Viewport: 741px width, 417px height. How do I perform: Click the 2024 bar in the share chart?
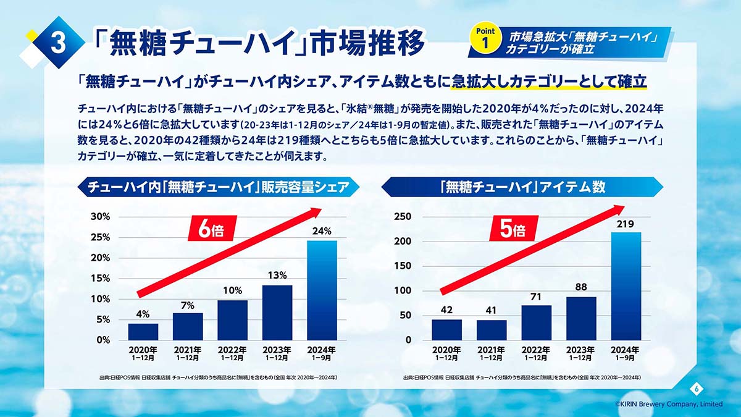(322, 290)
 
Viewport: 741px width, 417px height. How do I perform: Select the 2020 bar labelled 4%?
(143, 331)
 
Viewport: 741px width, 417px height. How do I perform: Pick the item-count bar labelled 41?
(492, 330)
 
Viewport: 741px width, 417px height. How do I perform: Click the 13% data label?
(277, 276)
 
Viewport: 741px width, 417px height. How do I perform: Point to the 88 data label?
(581, 287)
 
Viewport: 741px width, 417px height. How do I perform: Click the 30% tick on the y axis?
(100, 217)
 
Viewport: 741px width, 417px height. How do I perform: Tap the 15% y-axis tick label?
(100, 279)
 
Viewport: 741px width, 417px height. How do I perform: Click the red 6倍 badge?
(211, 230)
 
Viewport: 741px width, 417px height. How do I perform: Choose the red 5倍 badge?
(512, 230)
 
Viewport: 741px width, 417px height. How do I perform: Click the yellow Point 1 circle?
(486, 39)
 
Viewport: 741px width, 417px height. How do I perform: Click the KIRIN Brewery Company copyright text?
(669, 404)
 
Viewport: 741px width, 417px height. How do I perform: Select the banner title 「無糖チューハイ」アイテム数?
(522, 187)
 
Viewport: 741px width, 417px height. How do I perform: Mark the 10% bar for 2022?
(232, 320)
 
